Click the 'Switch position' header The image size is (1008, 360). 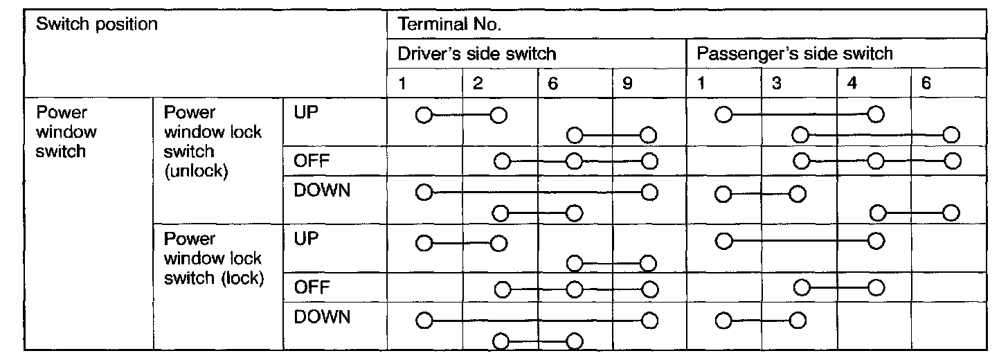coord(98,24)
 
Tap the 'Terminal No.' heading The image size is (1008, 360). coord(449,25)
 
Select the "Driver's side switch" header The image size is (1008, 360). coord(477,53)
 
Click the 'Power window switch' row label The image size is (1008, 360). coord(66,132)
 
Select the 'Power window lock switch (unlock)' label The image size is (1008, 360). coord(213,141)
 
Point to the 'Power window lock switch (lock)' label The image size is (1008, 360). coord(213,259)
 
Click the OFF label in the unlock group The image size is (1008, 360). coord(309,161)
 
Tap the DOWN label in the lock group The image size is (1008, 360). coord(322,318)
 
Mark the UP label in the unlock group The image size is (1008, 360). coord(305,113)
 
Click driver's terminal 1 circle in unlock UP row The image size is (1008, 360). coord(424,114)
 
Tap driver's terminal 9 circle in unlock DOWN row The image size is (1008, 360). coord(649,192)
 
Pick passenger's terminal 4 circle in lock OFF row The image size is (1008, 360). coord(876,287)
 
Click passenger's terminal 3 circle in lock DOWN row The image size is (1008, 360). coord(797,321)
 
